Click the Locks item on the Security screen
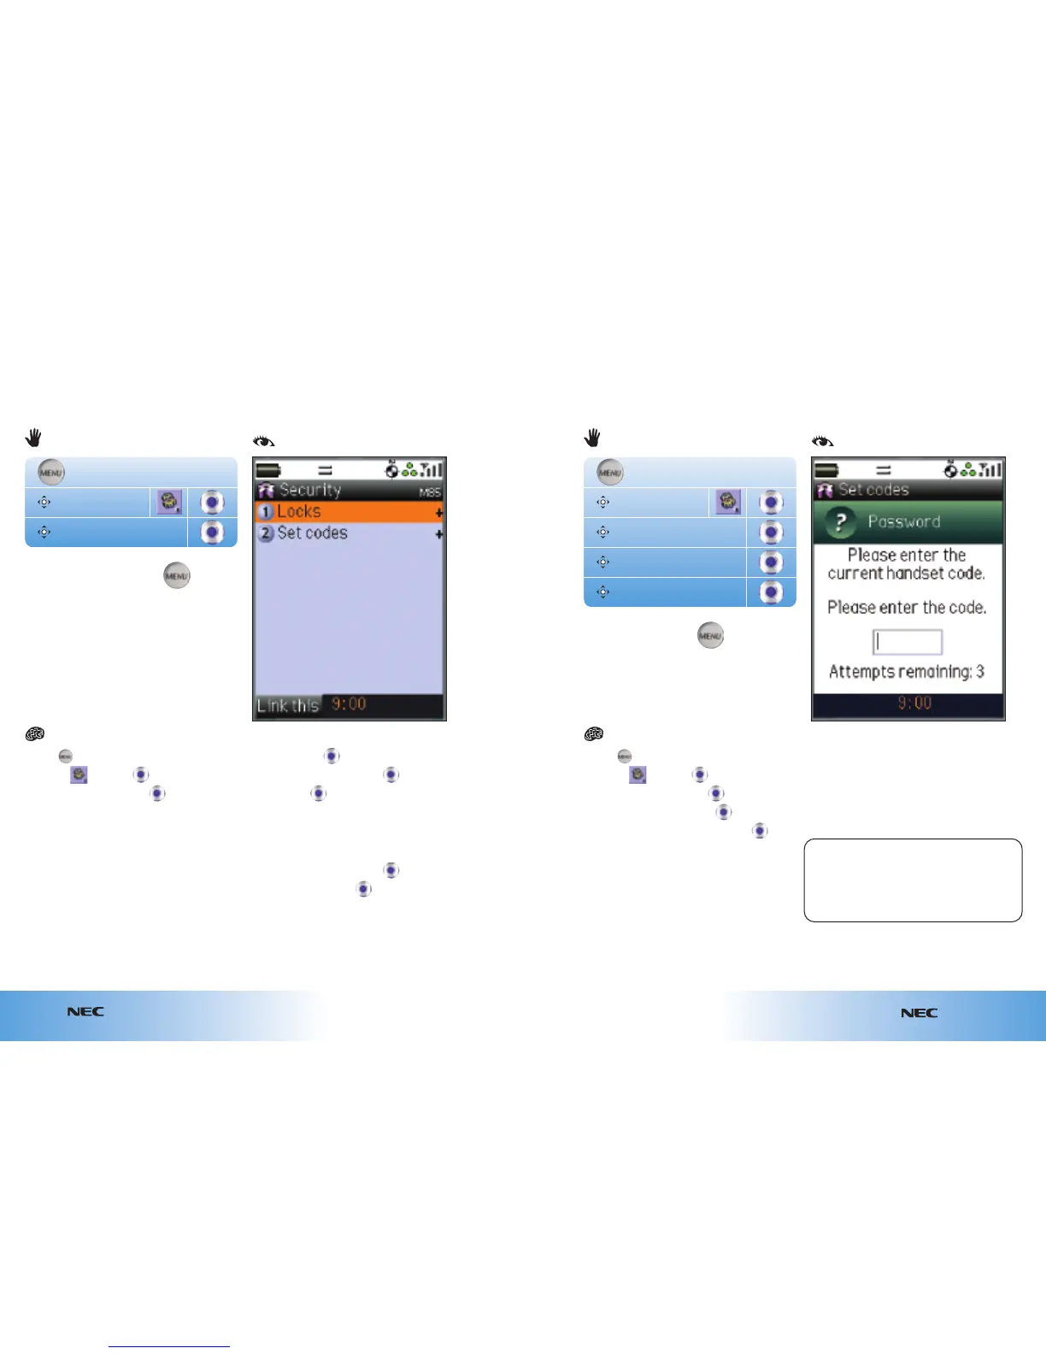point(298,512)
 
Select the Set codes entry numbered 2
point(312,533)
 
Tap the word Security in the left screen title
point(309,490)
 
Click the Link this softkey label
point(288,705)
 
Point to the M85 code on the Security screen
point(430,492)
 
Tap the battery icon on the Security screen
point(268,469)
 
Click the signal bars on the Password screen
point(991,468)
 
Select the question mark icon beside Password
point(840,522)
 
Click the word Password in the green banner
point(904,521)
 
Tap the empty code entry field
point(907,642)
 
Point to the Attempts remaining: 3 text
point(907,672)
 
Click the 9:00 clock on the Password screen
point(914,703)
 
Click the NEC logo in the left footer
point(85,1011)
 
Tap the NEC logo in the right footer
point(919,1013)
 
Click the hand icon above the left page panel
point(33,439)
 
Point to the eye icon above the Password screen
point(822,442)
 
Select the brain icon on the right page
point(593,734)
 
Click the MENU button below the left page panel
point(177,576)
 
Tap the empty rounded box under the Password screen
point(913,880)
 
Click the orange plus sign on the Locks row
point(439,513)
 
